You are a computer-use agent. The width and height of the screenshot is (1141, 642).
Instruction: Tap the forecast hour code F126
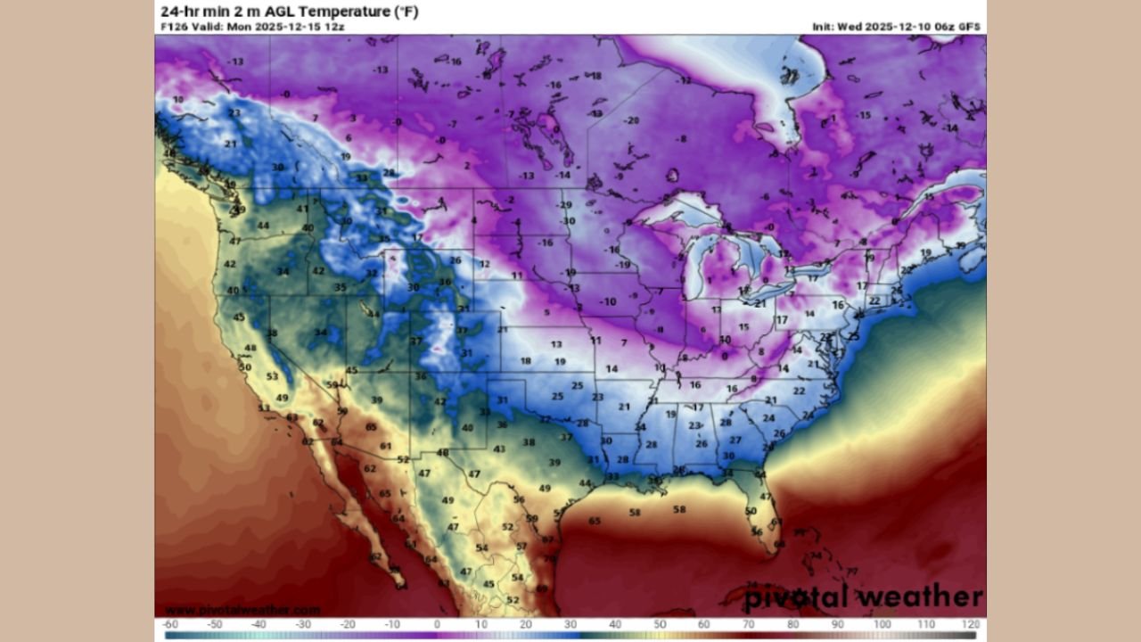[x=174, y=27]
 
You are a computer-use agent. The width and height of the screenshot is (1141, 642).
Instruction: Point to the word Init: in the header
[x=823, y=27]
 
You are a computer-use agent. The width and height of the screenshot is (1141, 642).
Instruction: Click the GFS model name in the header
[x=969, y=27]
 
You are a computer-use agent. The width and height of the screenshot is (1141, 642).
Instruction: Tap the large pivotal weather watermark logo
[x=863, y=597]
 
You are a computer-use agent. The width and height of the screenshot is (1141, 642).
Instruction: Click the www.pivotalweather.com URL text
[x=229, y=610]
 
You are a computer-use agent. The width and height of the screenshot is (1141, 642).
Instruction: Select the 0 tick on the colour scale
[x=437, y=624]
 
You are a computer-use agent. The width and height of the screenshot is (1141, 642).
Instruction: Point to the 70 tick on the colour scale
[x=749, y=624]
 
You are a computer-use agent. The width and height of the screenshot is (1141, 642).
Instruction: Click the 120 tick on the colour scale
[x=971, y=624]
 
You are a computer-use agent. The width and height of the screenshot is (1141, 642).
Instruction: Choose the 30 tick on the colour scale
[x=570, y=624]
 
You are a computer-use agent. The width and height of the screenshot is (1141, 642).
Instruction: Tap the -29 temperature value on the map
[x=564, y=205]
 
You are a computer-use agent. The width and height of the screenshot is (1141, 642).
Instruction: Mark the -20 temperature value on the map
[x=632, y=120]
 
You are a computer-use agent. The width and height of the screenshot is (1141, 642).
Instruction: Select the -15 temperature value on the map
[x=863, y=115]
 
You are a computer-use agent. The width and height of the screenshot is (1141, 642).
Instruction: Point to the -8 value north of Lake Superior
[x=682, y=139]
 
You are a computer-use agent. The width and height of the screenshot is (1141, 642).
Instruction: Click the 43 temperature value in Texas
[x=500, y=449]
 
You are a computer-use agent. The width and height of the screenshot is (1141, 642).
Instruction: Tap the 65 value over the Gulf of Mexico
[x=595, y=521]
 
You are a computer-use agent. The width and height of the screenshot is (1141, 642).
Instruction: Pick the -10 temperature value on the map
[x=608, y=302]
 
